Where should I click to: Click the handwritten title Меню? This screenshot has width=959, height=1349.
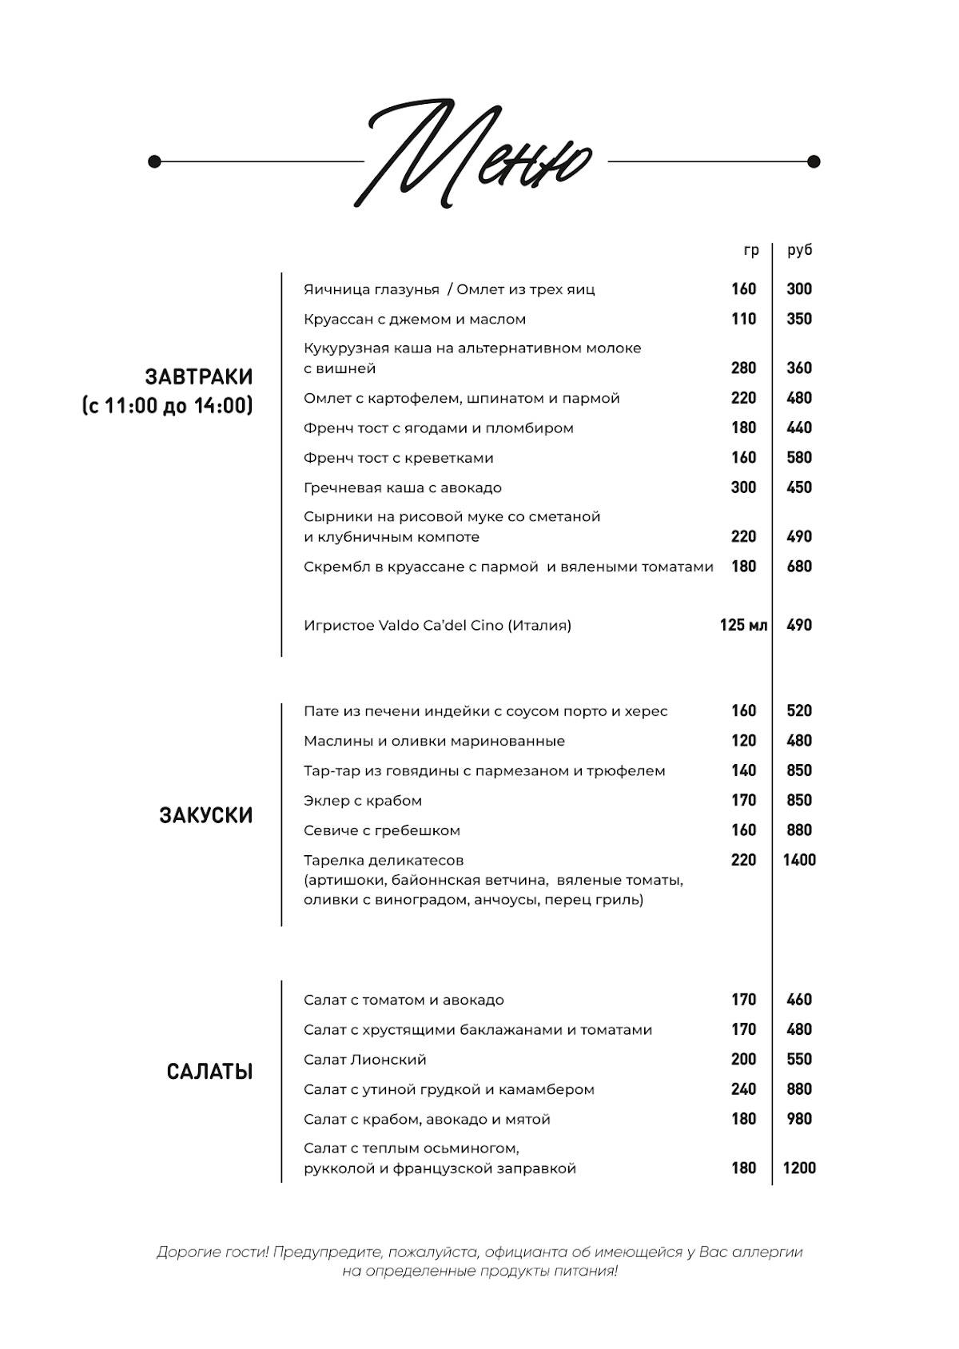[479, 156]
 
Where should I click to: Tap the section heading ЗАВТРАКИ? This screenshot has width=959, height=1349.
[198, 376]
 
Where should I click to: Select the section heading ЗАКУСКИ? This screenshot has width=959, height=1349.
[205, 815]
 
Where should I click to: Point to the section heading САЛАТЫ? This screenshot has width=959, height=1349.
[209, 1072]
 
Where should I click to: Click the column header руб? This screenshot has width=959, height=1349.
[799, 250]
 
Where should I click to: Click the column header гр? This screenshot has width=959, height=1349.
[750, 250]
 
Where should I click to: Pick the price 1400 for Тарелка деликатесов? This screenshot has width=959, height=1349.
[799, 860]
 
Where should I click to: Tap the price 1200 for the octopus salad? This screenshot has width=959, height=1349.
[799, 1168]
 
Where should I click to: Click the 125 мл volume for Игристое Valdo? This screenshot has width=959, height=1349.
[743, 625]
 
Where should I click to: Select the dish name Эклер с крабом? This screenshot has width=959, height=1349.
[362, 801]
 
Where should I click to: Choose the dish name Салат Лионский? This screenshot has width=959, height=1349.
[364, 1060]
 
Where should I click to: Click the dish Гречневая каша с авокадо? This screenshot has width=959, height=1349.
[402, 487]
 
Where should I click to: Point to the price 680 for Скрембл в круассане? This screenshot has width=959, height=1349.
[799, 567]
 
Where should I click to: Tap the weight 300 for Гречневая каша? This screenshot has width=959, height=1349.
[743, 487]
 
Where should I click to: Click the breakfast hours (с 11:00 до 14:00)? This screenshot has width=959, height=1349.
[167, 406]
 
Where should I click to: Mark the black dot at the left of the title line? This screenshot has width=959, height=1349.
[154, 162]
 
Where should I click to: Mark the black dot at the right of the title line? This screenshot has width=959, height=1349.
[814, 162]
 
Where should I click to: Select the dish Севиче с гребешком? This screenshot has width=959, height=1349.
[381, 830]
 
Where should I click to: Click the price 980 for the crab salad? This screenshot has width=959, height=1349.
[799, 1119]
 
